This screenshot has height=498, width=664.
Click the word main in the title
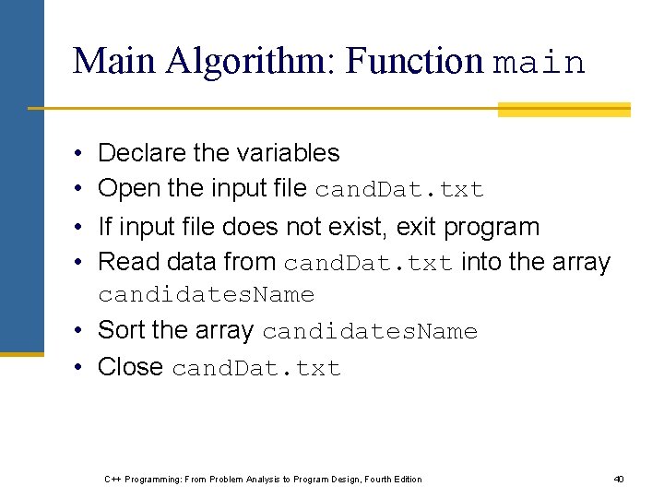tap(539, 63)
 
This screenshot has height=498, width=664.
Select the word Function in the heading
tap(415, 62)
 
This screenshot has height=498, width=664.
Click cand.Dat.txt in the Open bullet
tap(398, 190)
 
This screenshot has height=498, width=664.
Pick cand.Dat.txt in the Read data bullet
tap(367, 264)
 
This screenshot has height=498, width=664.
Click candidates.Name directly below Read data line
tap(206, 295)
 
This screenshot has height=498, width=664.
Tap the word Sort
tap(123, 330)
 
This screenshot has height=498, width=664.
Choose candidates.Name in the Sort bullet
tap(369, 332)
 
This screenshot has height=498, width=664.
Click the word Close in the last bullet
tap(130, 367)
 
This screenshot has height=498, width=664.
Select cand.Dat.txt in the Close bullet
tap(256, 369)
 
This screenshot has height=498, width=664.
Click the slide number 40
tap(619, 479)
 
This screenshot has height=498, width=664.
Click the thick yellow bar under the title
tap(563, 110)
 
